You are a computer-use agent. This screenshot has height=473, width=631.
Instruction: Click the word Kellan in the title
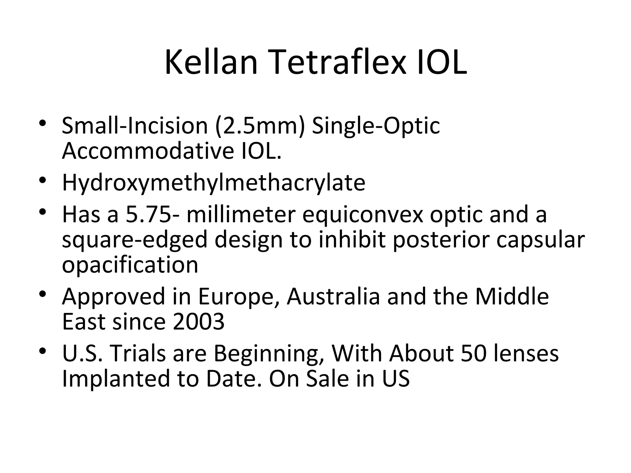click(211, 63)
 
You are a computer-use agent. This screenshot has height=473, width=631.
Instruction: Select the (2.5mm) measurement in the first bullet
click(260, 126)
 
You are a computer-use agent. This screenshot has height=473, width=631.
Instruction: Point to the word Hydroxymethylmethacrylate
click(214, 183)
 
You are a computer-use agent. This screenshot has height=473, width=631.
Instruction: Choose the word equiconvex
click(363, 214)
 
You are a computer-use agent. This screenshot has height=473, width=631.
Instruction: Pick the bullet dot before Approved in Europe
click(43, 294)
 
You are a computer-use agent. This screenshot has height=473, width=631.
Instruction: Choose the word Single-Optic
click(376, 126)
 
